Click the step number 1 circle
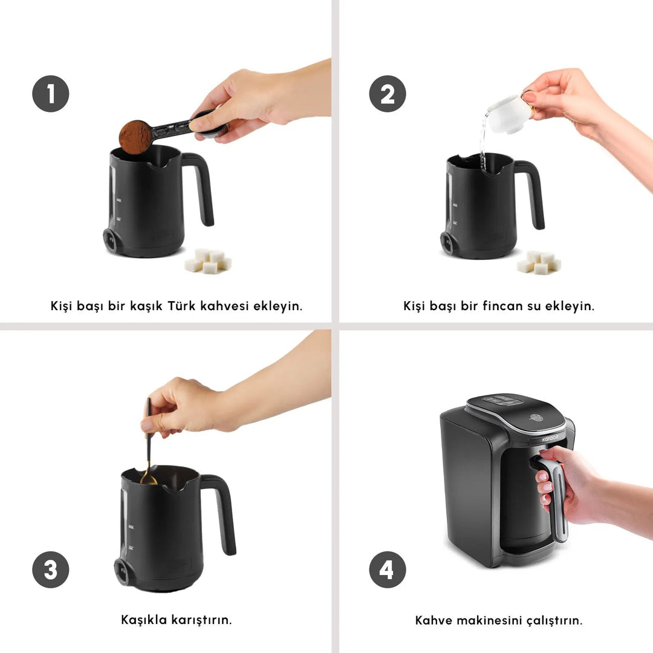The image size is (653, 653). coord(51,94)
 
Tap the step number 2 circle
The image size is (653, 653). coord(388,94)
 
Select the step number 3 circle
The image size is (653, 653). coord(51,570)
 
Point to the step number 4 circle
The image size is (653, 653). coord(388,570)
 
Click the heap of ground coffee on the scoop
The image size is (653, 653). coord(135,136)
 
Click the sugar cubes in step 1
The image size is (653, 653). coord(208,261)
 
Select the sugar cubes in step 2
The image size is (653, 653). coord(539,262)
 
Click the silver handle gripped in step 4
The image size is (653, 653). coord(557,502)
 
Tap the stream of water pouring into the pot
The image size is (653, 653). coord(484,139)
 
